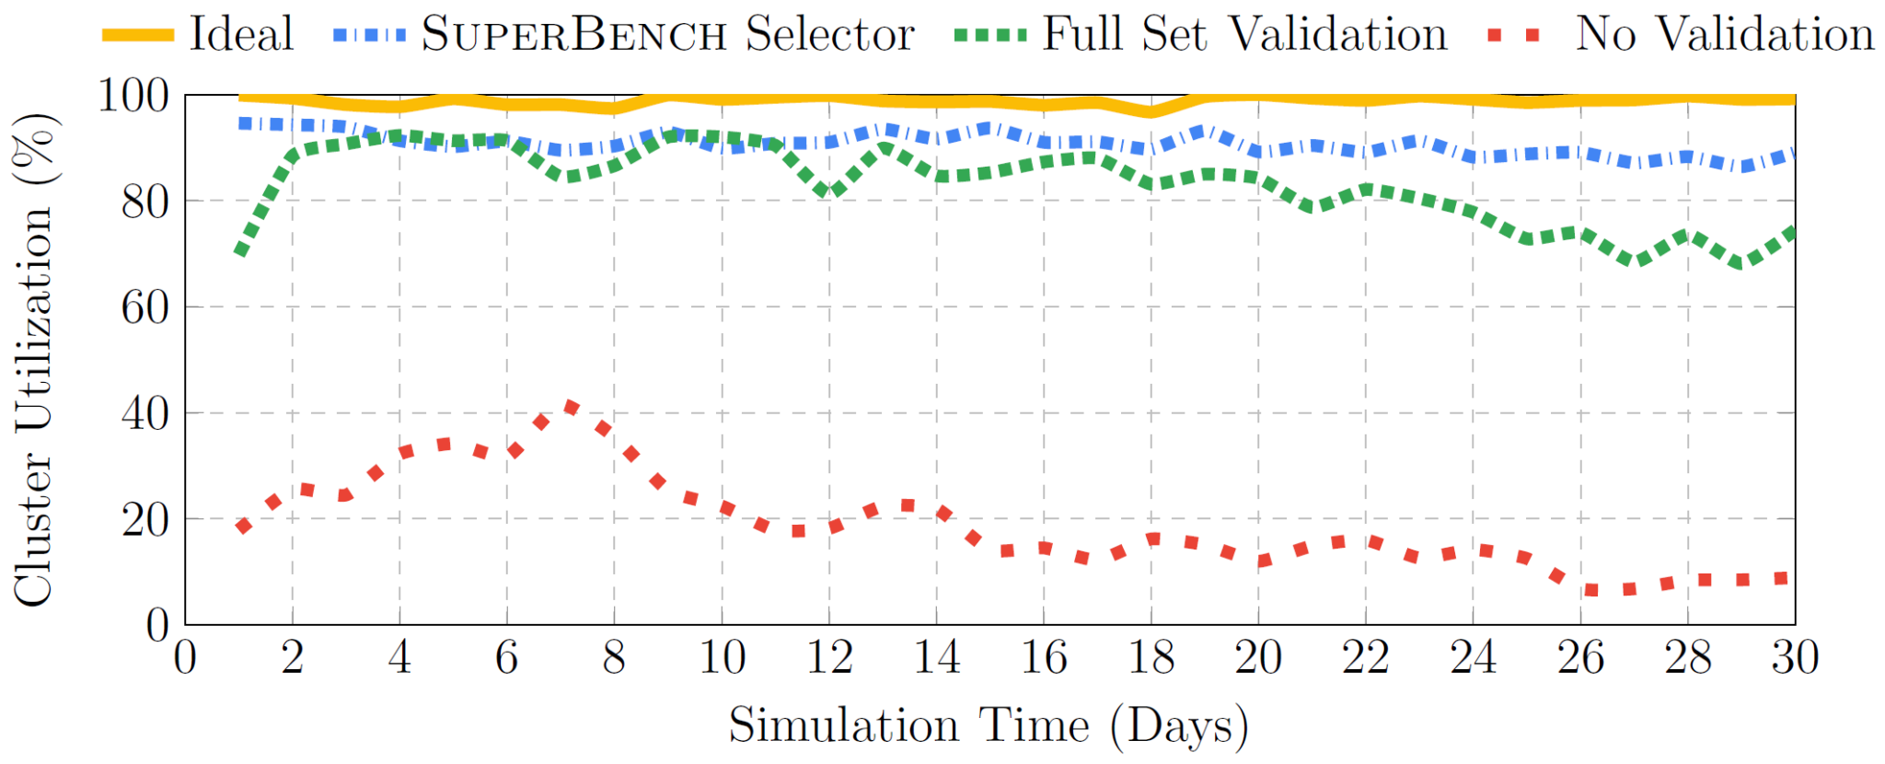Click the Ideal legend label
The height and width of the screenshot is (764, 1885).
[x=241, y=34]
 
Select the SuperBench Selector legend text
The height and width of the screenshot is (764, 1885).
[x=667, y=34]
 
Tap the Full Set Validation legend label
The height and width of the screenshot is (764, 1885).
[x=1244, y=34]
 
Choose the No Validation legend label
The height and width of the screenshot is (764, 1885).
[x=1725, y=34]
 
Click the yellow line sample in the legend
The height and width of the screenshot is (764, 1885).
[x=138, y=35]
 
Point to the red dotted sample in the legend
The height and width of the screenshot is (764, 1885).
[x=1514, y=35]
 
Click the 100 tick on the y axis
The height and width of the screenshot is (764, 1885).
[x=133, y=95]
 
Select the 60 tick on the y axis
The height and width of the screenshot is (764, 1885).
[x=145, y=307]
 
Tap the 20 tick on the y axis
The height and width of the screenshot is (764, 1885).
[x=145, y=520]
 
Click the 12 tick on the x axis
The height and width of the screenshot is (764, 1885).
[x=829, y=658]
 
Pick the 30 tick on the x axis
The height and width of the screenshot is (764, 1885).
[x=1795, y=658]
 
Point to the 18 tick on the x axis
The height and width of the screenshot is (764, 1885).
[x=1151, y=658]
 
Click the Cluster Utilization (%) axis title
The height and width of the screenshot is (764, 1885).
[x=33, y=359]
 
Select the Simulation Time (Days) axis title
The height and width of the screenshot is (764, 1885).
[x=989, y=725]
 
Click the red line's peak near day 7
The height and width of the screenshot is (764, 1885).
[x=572, y=407]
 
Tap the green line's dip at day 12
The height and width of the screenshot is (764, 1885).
[x=829, y=192]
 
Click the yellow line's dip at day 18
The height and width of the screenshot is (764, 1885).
[x=1151, y=112]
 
